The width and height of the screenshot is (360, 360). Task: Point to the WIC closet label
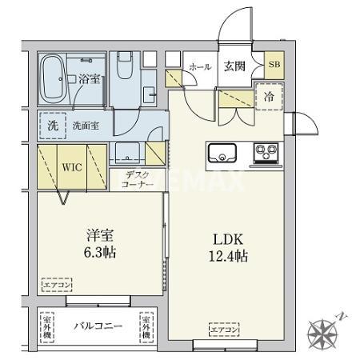pos(73,169)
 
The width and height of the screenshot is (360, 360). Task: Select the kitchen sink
pos(222,152)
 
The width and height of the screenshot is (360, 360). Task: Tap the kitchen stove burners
pos(265,151)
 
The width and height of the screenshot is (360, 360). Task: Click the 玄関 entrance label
pos(234,67)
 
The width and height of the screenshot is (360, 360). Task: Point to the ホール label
pos(199,68)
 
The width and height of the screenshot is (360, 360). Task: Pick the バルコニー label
pos(98,327)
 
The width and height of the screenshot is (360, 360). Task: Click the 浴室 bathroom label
pos(88,78)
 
